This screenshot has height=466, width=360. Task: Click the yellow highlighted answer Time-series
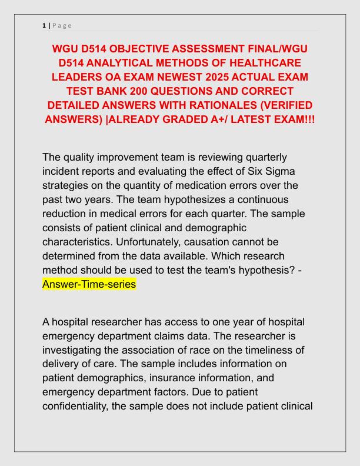[x=89, y=284]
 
